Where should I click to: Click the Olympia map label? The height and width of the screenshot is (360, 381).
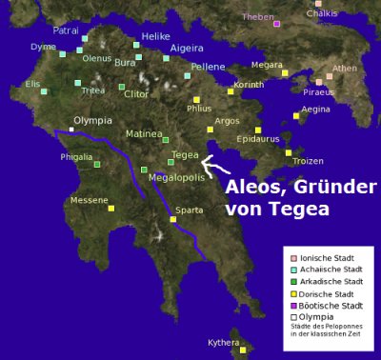(x=92, y=121)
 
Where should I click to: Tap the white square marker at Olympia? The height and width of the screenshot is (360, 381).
(x=72, y=129)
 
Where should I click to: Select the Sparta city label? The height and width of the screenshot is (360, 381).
(x=190, y=210)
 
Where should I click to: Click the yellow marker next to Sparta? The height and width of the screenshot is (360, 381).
(x=172, y=219)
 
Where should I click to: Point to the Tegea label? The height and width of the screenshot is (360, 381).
(x=185, y=154)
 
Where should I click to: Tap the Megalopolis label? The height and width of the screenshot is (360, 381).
(x=177, y=177)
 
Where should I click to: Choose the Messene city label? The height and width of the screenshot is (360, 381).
(x=90, y=200)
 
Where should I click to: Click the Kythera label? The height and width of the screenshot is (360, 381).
(x=225, y=342)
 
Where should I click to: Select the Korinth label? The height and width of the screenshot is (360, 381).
(x=249, y=85)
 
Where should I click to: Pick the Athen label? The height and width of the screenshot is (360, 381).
(x=345, y=68)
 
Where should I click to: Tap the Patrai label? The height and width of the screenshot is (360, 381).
(x=66, y=30)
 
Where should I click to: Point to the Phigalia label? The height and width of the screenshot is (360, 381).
(x=76, y=156)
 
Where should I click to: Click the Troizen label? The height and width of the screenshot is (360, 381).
(x=308, y=161)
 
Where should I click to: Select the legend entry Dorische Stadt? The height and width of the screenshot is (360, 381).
(x=327, y=294)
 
